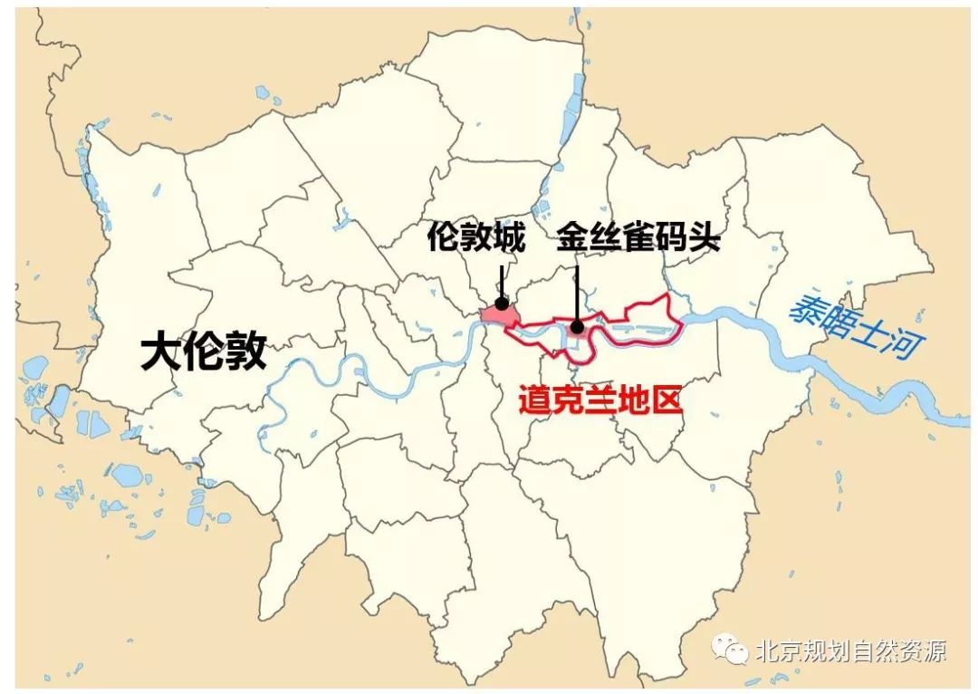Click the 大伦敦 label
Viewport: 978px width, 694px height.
204,352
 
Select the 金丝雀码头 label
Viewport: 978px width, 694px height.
638,238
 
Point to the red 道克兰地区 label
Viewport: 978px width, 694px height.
599,400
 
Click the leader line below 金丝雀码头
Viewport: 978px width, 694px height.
576,290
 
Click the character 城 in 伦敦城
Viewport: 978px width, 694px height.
509,238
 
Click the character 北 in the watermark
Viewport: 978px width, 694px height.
766,651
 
